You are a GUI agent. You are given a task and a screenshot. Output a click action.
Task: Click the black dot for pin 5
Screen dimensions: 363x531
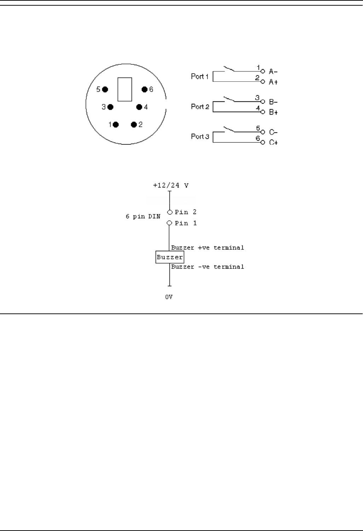(x=105, y=90)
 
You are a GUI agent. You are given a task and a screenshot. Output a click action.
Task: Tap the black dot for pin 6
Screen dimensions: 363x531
(x=144, y=90)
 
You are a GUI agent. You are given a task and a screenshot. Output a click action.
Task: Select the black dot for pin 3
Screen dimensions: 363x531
(x=110, y=107)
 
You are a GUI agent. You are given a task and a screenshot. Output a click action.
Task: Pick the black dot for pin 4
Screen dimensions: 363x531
(x=139, y=107)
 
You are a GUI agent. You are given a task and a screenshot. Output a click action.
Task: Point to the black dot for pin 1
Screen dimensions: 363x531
(x=116, y=125)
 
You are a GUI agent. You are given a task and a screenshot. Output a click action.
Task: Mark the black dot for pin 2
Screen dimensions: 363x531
(x=134, y=125)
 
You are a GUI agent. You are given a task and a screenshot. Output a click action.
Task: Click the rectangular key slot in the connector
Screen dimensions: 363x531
(x=125, y=89)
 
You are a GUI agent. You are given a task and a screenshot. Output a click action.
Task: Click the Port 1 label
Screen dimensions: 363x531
(x=200, y=76)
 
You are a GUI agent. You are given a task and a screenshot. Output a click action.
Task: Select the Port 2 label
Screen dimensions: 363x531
(x=200, y=106)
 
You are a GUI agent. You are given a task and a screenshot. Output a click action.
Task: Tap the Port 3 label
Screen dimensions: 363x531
(x=200, y=137)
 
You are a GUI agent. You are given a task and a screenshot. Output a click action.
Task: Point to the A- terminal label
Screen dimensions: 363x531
(x=273, y=71)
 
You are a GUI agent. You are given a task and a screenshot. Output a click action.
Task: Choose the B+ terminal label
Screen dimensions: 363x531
(x=273, y=112)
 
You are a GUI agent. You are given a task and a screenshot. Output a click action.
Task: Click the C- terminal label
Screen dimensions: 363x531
(x=273, y=133)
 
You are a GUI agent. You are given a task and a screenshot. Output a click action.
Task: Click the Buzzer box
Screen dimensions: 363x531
(x=170, y=257)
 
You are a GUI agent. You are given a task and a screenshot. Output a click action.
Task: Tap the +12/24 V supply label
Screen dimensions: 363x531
(x=171, y=185)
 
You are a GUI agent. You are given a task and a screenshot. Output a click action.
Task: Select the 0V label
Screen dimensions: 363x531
(x=169, y=297)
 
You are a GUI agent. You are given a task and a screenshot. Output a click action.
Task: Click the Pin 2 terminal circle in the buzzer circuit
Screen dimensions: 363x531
(x=169, y=212)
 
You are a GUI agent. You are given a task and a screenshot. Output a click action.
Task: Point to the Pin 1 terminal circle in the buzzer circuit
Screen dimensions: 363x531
(x=169, y=223)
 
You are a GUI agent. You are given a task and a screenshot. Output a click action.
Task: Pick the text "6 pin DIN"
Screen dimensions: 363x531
(x=143, y=216)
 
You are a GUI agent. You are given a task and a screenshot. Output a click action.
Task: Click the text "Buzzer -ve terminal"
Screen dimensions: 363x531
(x=208, y=267)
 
